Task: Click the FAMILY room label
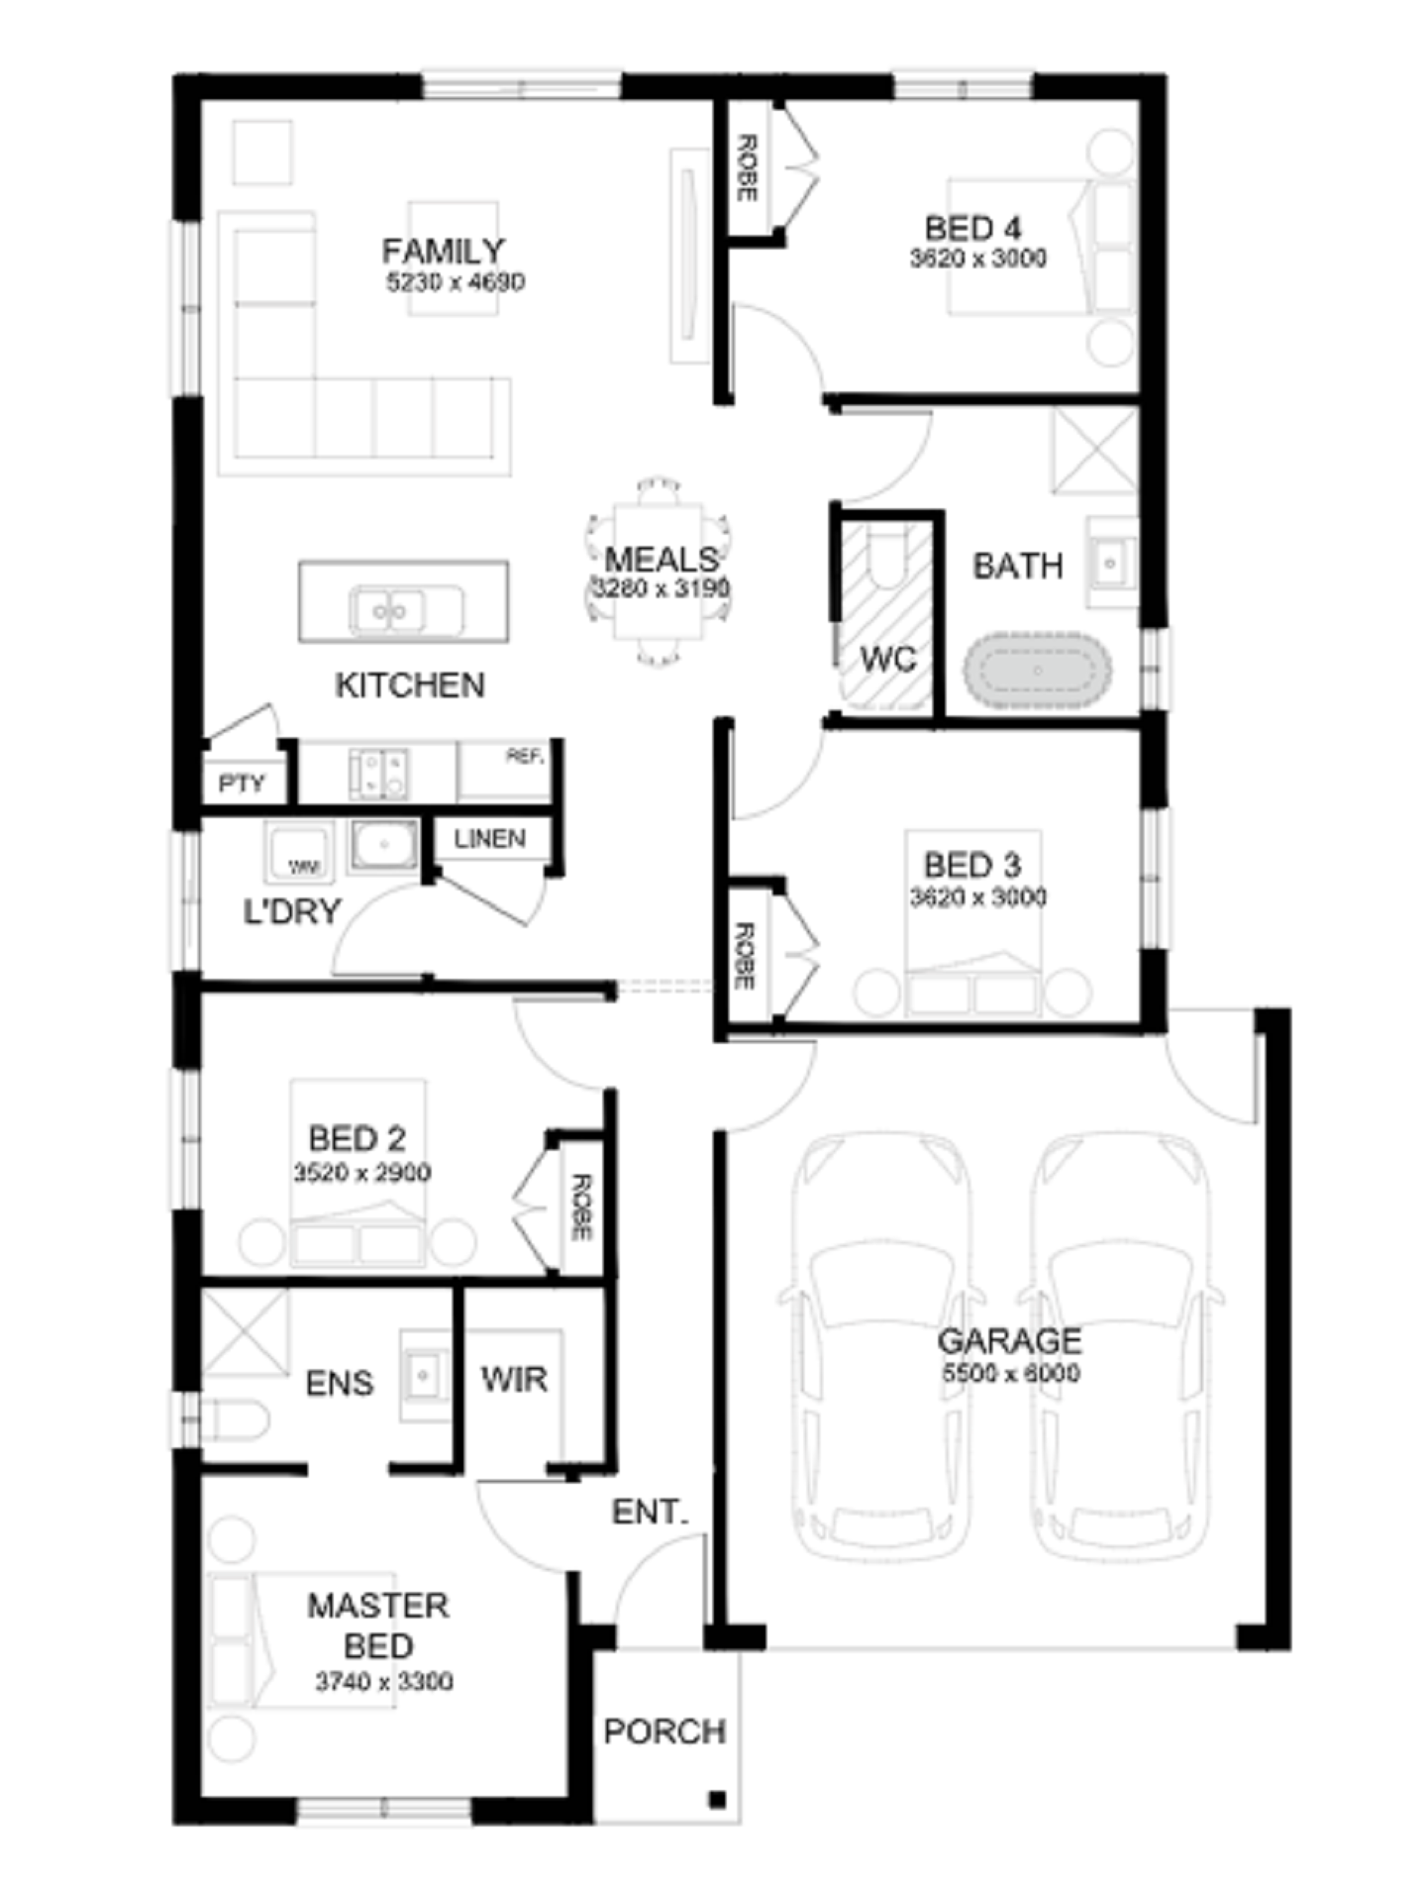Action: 443,252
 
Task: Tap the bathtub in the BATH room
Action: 1037,671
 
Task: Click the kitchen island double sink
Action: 390,611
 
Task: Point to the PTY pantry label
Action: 242,784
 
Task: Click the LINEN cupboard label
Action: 490,839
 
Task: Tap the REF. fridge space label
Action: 525,757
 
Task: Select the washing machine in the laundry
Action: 297,853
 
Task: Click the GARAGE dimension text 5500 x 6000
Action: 1010,1373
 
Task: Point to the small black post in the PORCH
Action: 718,1799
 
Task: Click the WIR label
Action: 514,1379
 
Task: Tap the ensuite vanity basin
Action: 424,1376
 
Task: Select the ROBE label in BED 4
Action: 748,168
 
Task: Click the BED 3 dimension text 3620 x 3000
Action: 977,897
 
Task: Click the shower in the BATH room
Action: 1094,451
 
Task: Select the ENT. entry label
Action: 649,1512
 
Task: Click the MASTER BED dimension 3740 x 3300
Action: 383,1681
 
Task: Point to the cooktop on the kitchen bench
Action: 379,775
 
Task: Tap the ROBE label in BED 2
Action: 581,1206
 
